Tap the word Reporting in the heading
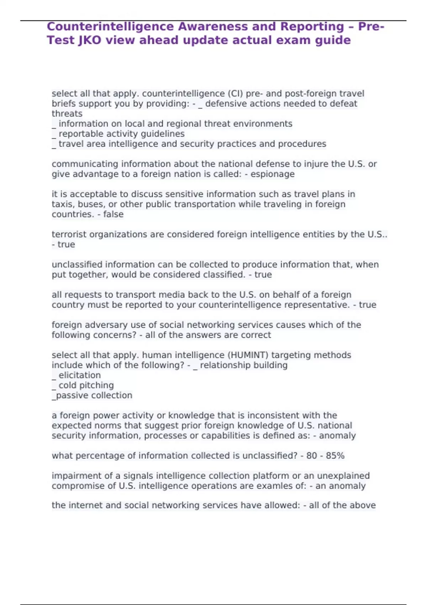pyautogui.click(x=312, y=27)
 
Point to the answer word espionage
pyautogui.click(x=273, y=174)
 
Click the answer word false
pyautogui.click(x=113, y=214)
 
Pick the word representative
pyautogui.click(x=319, y=305)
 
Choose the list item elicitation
pyautogui.click(x=80, y=375)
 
